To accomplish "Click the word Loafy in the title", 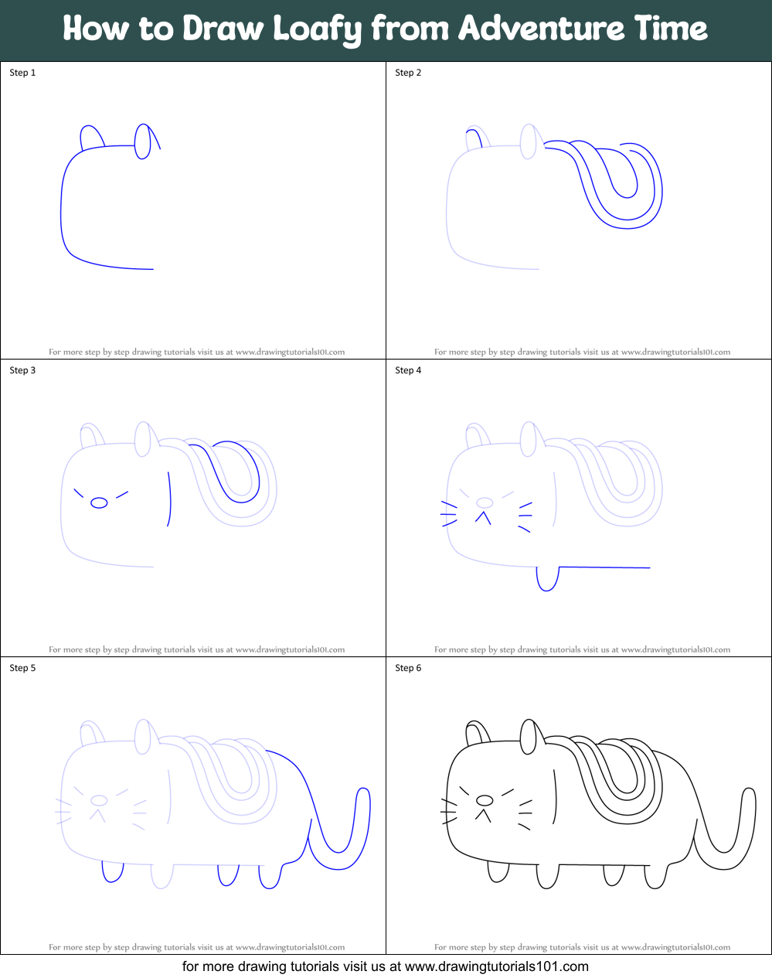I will coord(317,29).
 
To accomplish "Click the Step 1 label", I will coord(22,73).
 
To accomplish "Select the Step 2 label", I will coord(408,73).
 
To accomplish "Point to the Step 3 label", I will coord(22,370).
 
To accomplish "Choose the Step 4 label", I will coord(408,370).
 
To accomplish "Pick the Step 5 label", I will coord(22,668).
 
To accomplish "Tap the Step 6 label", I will coord(408,668).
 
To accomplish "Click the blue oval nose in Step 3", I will coord(99,503).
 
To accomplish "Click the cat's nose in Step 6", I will coord(485,799).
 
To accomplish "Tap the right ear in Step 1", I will coord(142,141).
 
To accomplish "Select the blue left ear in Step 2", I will coord(474,138).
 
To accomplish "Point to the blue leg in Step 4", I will coord(547,580).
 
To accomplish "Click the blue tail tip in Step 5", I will coord(362,793).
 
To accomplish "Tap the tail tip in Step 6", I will coord(748,793).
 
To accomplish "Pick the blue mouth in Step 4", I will coord(484,517).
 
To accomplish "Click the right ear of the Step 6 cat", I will coord(529,738).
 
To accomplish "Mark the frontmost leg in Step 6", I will coord(499,873).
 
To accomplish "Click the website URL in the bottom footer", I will coord(497,966).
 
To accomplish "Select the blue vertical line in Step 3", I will coord(169,500).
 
